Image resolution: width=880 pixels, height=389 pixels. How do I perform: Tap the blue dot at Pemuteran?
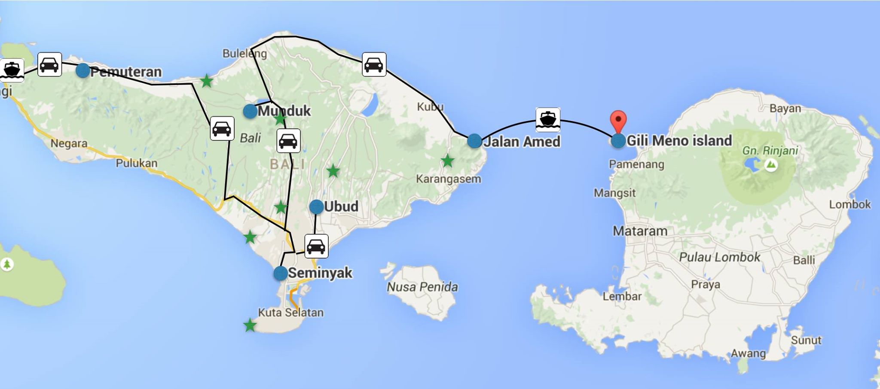(x=82, y=70)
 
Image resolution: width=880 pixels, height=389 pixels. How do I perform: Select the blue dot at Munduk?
(x=250, y=111)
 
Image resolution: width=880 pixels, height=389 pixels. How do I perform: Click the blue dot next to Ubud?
(x=316, y=207)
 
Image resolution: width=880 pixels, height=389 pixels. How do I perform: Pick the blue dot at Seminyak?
(x=281, y=273)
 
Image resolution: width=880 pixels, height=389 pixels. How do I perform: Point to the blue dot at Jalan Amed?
(x=474, y=141)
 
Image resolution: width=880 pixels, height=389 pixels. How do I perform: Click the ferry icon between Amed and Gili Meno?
(x=548, y=119)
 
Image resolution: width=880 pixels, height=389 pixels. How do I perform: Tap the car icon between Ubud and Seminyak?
(x=316, y=246)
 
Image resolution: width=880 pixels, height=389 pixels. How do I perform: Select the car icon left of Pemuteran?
(x=50, y=65)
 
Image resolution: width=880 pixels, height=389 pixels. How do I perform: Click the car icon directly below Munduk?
(x=288, y=140)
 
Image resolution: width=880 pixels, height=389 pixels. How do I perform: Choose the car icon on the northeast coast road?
(x=374, y=64)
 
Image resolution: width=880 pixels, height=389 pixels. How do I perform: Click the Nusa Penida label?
(x=422, y=287)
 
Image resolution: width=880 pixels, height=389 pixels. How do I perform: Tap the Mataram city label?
(x=640, y=231)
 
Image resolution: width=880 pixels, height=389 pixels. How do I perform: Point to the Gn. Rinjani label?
(x=770, y=151)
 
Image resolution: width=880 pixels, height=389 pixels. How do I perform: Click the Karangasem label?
(x=448, y=179)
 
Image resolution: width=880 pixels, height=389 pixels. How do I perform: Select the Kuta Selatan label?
(x=290, y=312)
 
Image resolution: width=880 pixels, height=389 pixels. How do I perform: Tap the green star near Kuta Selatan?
(x=250, y=325)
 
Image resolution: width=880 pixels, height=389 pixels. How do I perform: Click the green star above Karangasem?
(x=448, y=161)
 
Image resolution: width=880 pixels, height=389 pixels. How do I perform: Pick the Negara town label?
(x=69, y=143)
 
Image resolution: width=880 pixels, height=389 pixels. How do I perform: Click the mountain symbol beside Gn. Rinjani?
(x=771, y=165)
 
